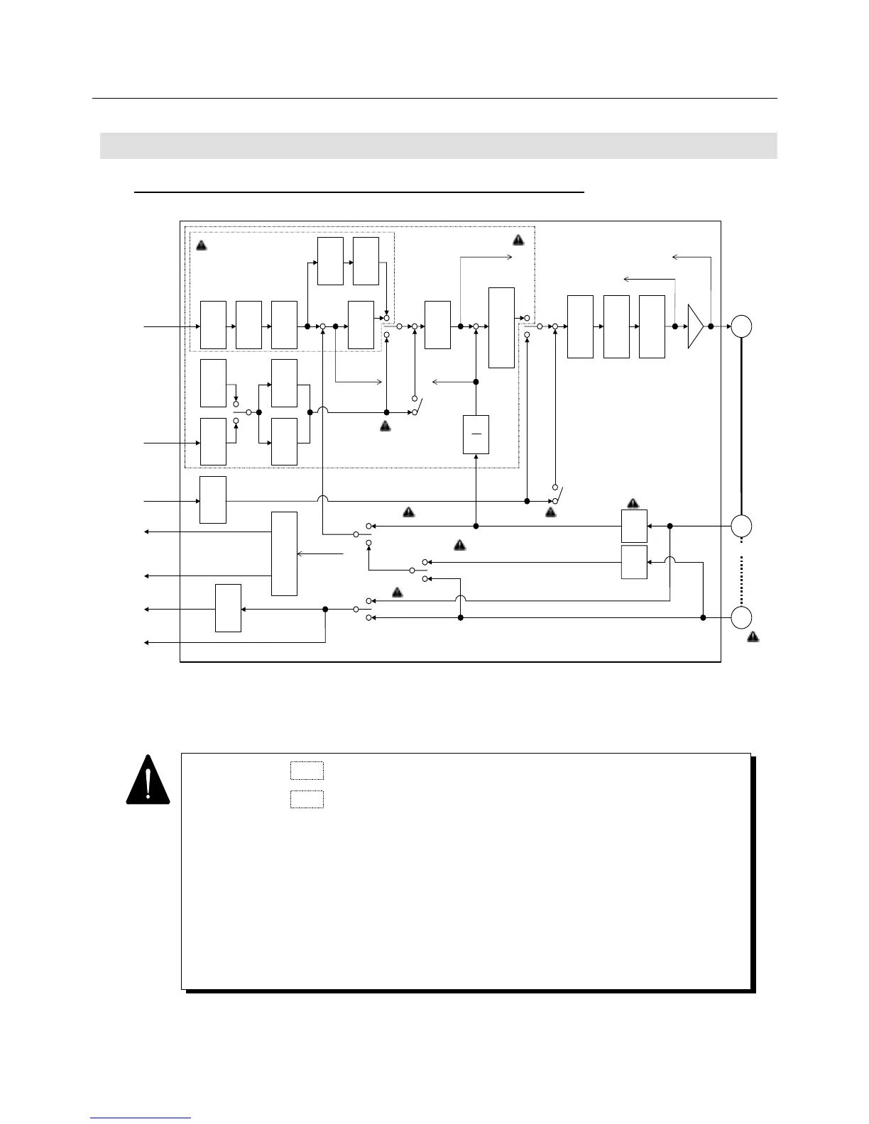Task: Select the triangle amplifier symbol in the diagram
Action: [x=695, y=326]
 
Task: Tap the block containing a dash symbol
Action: [x=476, y=434]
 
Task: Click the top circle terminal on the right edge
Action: [x=742, y=326]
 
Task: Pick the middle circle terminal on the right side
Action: [x=742, y=526]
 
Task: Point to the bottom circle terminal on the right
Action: [x=742, y=617]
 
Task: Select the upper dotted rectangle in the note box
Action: [x=307, y=771]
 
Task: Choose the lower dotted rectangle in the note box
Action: [x=307, y=799]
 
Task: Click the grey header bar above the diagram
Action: [x=438, y=145]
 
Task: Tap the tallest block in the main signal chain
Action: [x=502, y=328]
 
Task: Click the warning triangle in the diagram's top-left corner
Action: [x=201, y=246]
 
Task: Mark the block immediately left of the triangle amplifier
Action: [x=652, y=326]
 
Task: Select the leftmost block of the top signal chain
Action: [x=213, y=325]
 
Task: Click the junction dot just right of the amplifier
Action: [x=710, y=326]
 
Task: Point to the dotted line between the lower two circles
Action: [x=742, y=572]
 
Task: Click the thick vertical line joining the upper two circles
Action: [x=742, y=426]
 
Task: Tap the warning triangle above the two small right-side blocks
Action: [x=633, y=504]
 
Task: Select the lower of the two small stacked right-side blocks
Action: [x=634, y=562]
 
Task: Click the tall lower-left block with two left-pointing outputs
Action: [x=284, y=553]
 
